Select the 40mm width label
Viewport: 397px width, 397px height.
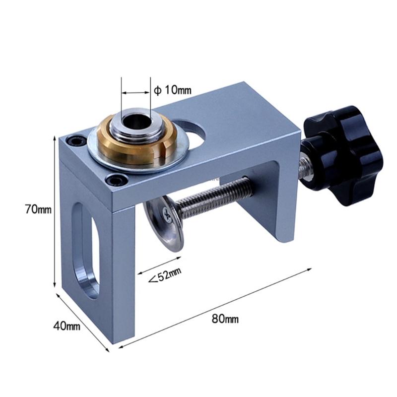[67, 326]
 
